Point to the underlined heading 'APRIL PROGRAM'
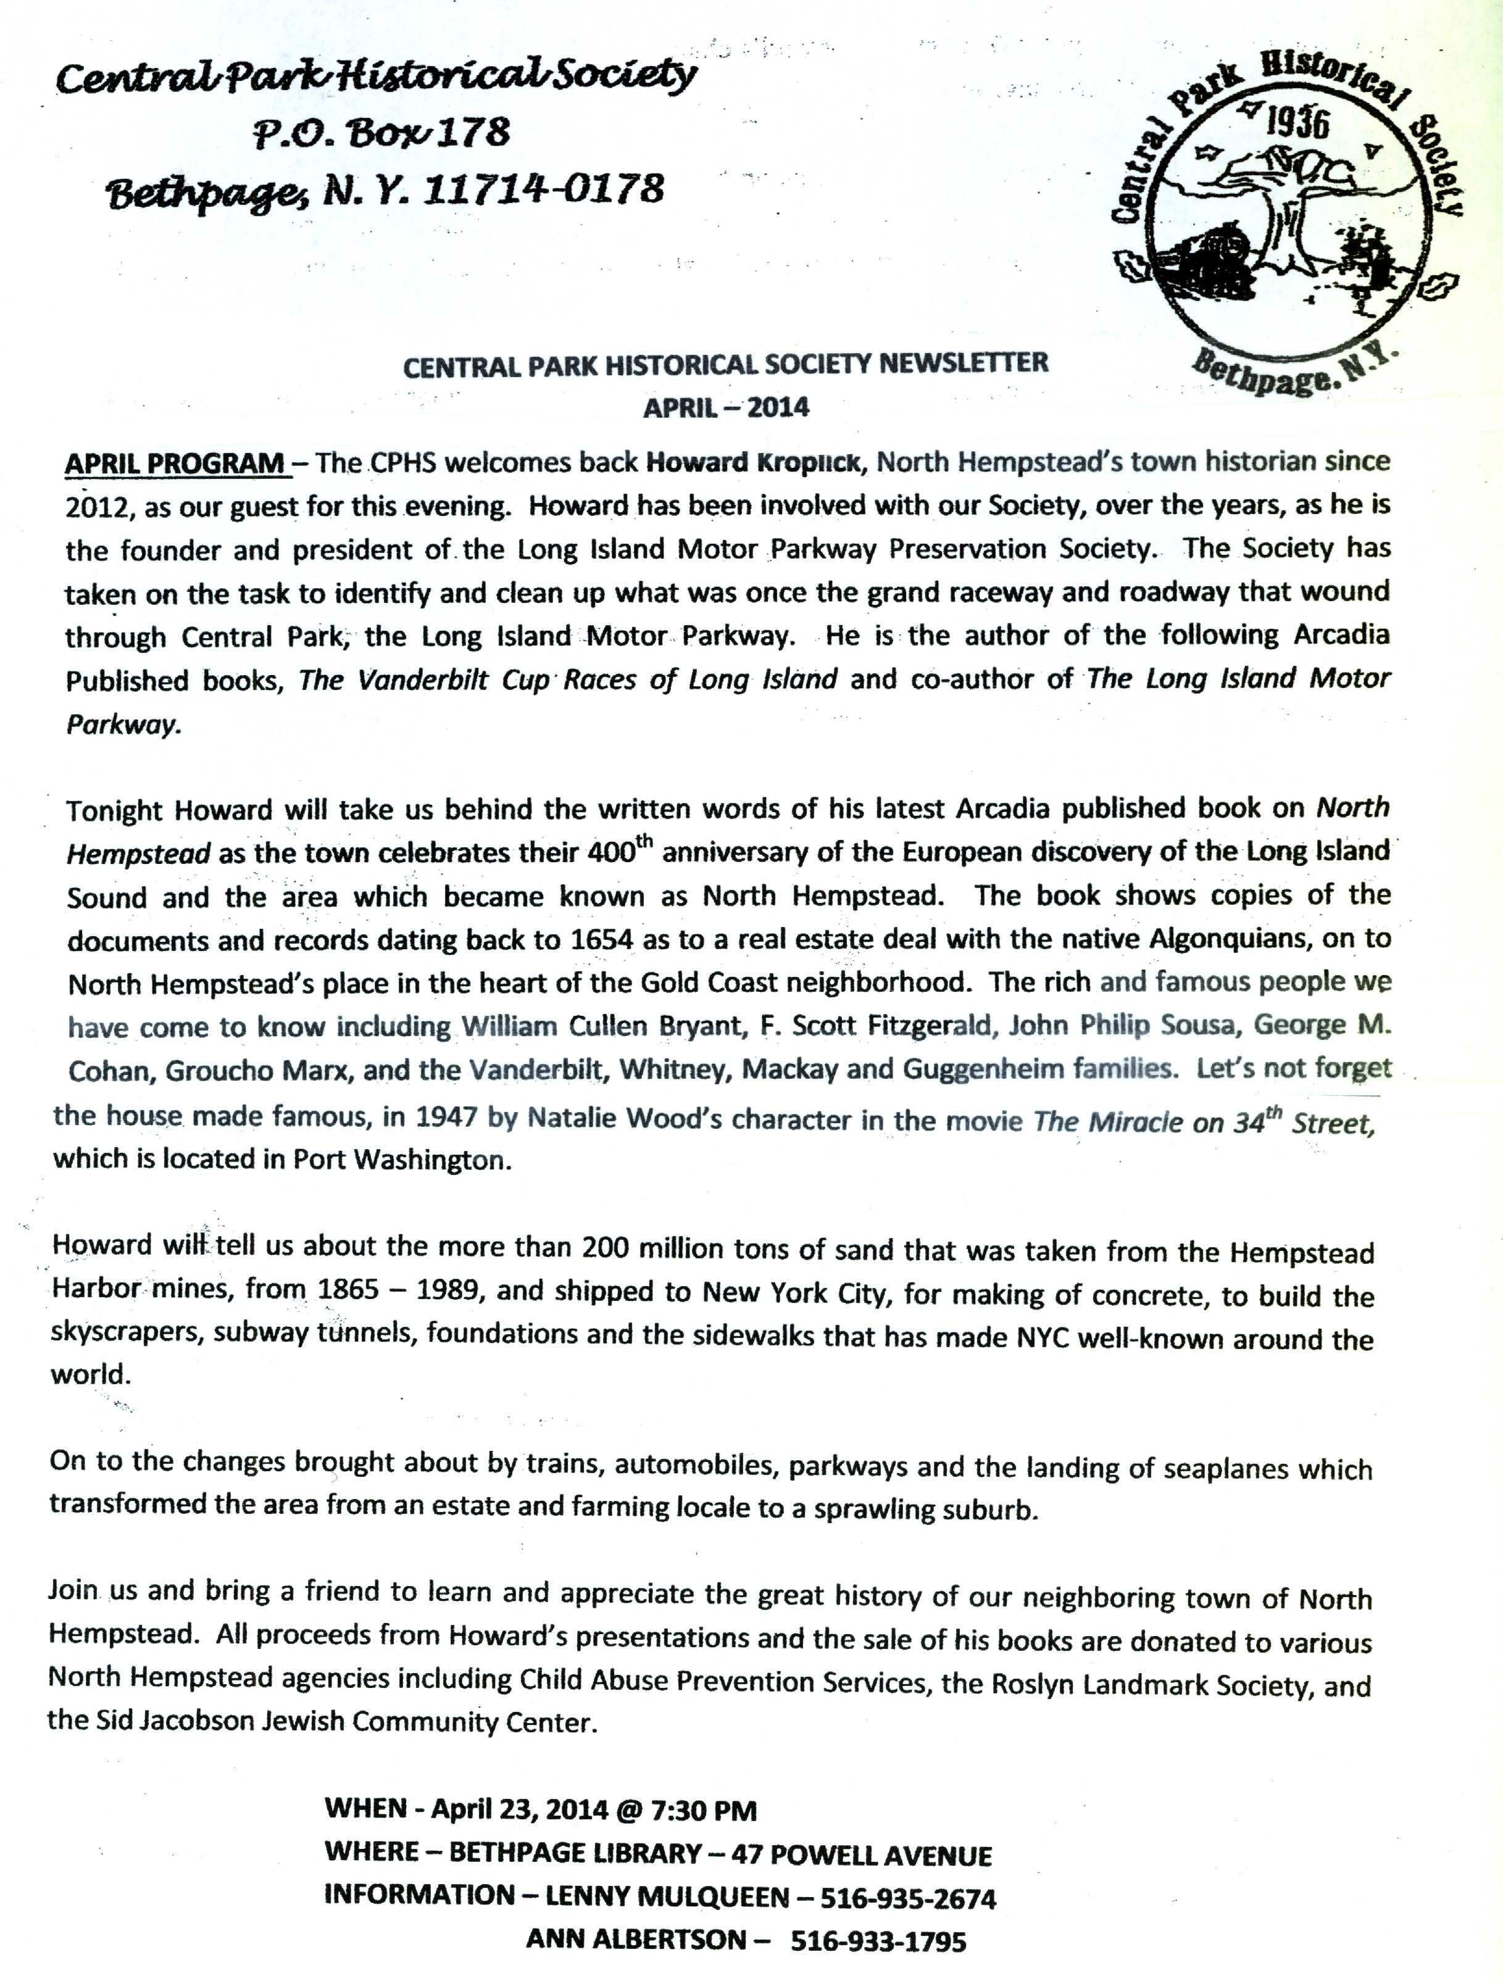coord(175,464)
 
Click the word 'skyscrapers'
coord(115,1334)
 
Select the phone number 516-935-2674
coord(908,1898)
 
